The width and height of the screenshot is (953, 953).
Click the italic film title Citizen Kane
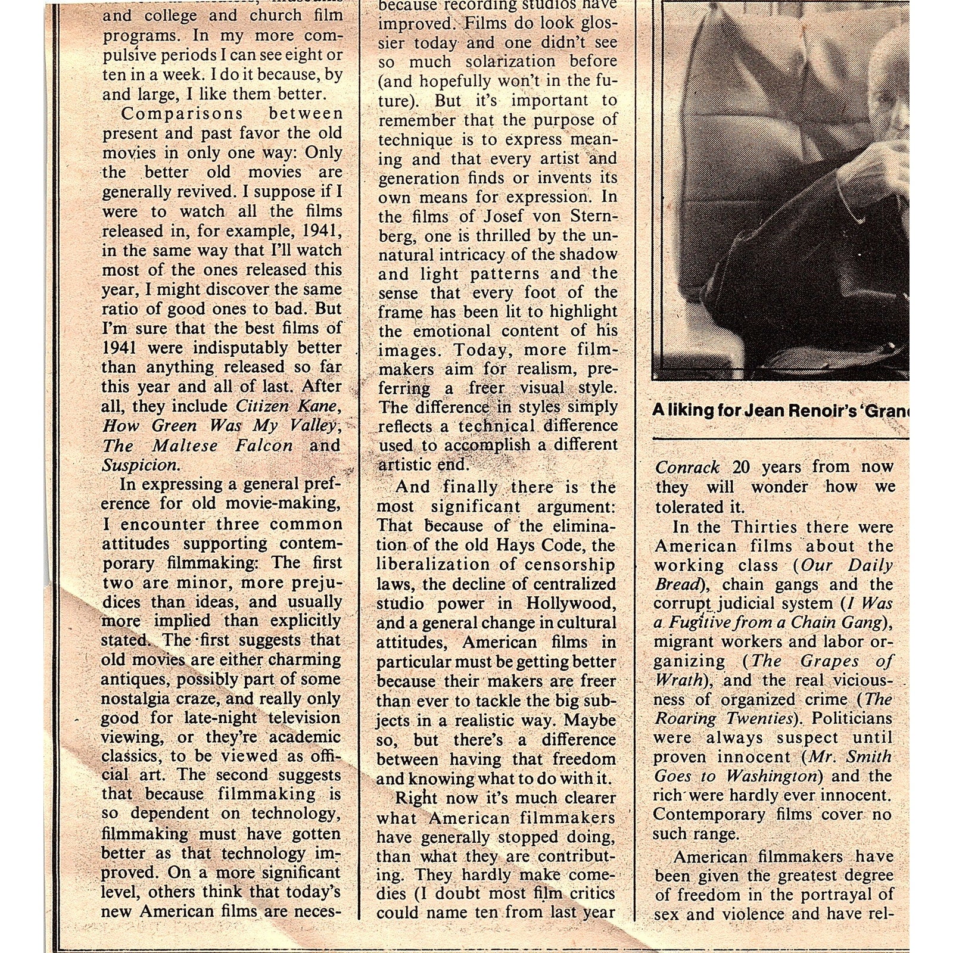coord(288,407)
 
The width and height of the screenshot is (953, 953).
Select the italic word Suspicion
coord(140,465)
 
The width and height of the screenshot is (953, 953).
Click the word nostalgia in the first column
coord(137,699)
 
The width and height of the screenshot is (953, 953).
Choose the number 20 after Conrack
coord(741,468)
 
